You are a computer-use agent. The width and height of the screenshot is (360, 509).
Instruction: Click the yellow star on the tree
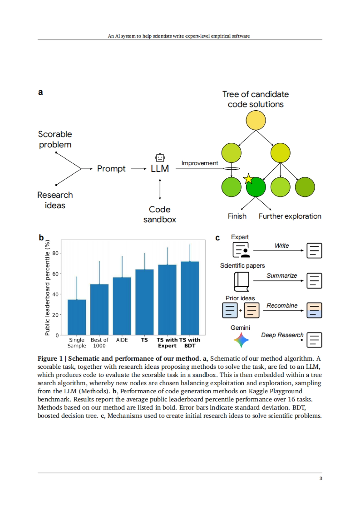point(248,179)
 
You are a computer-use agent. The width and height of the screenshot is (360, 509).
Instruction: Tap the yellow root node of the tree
point(256,120)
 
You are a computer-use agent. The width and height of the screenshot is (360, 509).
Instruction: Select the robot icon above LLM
point(160,157)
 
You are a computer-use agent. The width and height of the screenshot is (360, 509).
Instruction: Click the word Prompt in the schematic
point(111,169)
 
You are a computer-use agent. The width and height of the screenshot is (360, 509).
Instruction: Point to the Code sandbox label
point(160,214)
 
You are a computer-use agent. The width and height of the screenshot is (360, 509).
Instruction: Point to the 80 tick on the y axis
point(55,253)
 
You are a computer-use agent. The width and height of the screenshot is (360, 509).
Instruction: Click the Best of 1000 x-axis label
point(99,343)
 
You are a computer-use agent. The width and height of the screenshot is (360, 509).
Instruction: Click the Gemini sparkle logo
point(241,340)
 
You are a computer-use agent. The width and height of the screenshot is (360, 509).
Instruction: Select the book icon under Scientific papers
point(241,281)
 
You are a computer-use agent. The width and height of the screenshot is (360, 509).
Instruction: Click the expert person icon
point(241,250)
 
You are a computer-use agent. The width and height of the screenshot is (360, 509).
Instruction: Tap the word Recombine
point(282,305)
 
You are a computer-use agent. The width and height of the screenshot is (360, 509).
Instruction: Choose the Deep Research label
point(282,335)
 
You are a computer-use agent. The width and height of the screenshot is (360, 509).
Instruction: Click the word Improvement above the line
point(200,163)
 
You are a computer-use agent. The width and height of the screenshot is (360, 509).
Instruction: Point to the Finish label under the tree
point(237,216)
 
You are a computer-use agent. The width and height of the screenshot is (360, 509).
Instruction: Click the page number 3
point(321,478)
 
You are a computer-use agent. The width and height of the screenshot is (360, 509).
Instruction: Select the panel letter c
point(217,238)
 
